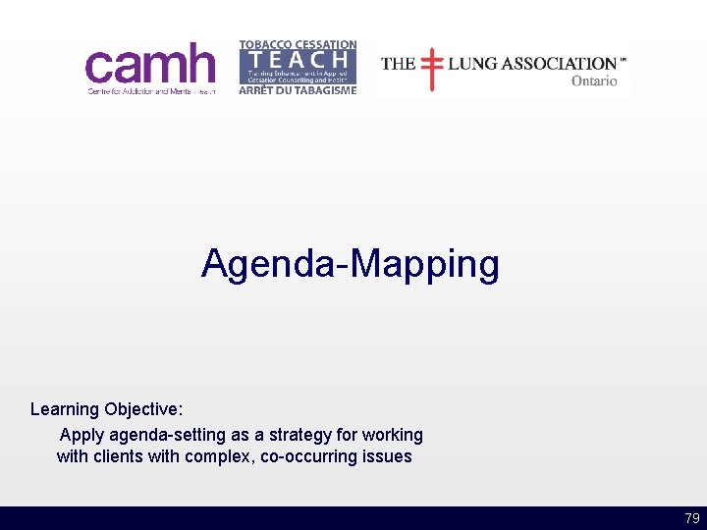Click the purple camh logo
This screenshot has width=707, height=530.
point(149,65)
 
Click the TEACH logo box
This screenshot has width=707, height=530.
point(298,68)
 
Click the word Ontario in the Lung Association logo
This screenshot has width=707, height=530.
point(594,81)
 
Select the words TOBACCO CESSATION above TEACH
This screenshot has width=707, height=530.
point(298,45)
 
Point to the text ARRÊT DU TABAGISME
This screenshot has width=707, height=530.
point(298,90)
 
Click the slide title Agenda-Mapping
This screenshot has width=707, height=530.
point(351,264)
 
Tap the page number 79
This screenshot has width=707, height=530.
point(692,518)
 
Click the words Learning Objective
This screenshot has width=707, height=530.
point(106,409)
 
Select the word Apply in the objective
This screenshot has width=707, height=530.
point(82,434)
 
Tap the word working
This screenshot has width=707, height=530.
point(393,434)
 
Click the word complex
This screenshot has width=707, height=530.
point(219,456)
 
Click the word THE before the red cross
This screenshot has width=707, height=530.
point(398,64)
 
